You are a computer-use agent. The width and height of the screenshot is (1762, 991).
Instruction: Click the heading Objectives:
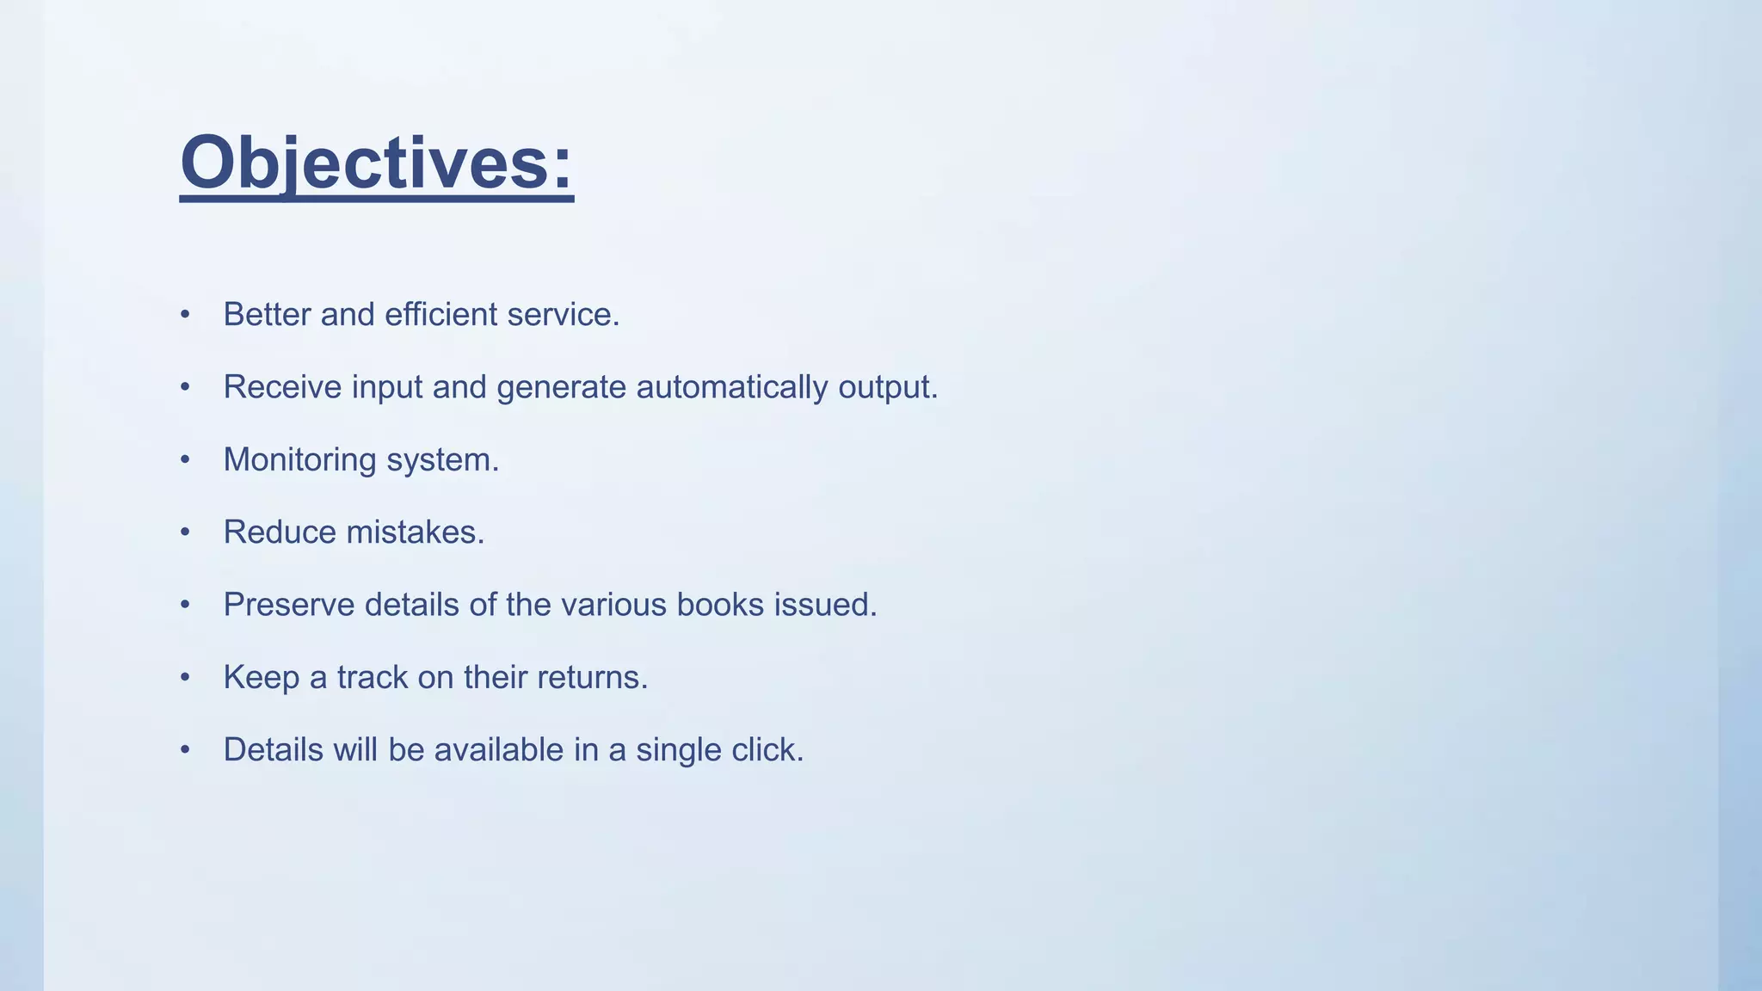(x=376, y=163)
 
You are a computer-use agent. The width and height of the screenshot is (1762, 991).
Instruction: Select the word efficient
(x=440, y=315)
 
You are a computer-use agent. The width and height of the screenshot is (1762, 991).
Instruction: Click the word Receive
(x=282, y=387)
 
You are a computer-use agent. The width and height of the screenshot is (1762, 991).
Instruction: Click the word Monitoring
(x=299, y=460)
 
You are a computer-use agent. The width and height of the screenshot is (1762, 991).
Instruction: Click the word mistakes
(x=415, y=532)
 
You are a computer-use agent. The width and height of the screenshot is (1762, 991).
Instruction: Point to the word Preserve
(x=288, y=605)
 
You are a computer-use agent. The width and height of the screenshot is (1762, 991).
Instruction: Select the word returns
(x=592, y=678)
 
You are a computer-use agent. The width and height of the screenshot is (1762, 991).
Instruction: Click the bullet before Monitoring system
(x=185, y=460)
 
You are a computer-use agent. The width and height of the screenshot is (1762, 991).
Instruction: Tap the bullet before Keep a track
(x=185, y=678)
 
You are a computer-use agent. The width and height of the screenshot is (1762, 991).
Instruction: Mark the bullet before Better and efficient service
(x=185, y=315)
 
